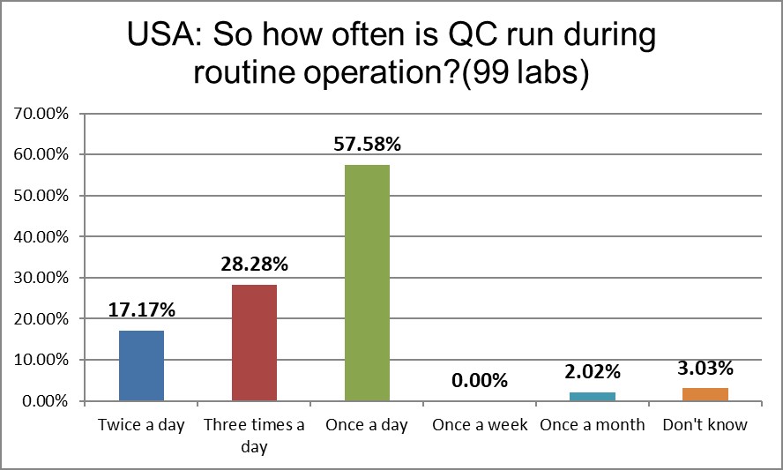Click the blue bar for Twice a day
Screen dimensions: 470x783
[x=142, y=366]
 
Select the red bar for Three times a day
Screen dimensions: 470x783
[x=254, y=343]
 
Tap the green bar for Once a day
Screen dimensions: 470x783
[x=367, y=283]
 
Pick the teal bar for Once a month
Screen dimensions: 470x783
[x=593, y=397]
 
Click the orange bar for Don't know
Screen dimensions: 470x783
[x=705, y=395]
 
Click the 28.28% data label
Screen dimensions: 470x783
[x=254, y=265]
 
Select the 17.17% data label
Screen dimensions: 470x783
[x=142, y=310]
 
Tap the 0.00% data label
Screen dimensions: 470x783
[x=480, y=381]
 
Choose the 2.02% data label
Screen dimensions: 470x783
[x=593, y=372]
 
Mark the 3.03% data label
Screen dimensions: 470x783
[x=705, y=368]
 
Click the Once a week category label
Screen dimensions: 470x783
[x=480, y=425]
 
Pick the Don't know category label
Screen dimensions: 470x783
[x=705, y=425]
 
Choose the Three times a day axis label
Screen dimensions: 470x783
[x=254, y=436]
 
